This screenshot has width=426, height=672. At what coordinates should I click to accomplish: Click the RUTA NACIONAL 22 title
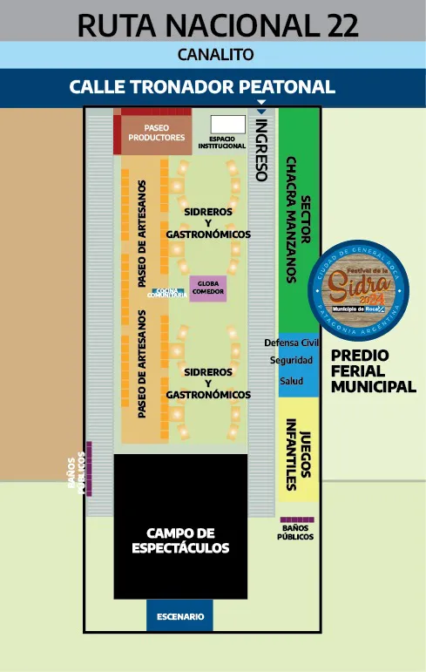pyautogui.click(x=218, y=25)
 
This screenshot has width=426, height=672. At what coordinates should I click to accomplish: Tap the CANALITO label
pyautogui.click(x=215, y=54)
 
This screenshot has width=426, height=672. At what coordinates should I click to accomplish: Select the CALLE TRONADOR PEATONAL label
pyautogui.click(x=202, y=87)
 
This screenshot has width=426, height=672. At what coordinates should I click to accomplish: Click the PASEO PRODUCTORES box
pyautogui.click(x=157, y=132)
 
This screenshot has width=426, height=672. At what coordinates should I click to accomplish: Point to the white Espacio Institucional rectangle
pyautogui.click(x=228, y=124)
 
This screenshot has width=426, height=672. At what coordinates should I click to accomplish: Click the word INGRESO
pyautogui.click(x=260, y=150)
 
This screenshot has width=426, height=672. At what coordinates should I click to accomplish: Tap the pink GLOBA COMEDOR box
pyautogui.click(x=208, y=288)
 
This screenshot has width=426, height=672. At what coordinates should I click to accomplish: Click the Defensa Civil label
pyautogui.click(x=298, y=342)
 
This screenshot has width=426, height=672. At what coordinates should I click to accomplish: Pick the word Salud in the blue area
pyautogui.click(x=291, y=381)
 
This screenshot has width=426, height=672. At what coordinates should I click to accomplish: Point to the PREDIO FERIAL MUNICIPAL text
pyautogui.click(x=373, y=371)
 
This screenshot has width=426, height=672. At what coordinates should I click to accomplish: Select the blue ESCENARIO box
pyautogui.click(x=180, y=616)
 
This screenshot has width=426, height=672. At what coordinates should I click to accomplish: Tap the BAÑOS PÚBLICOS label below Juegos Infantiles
pyautogui.click(x=296, y=532)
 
